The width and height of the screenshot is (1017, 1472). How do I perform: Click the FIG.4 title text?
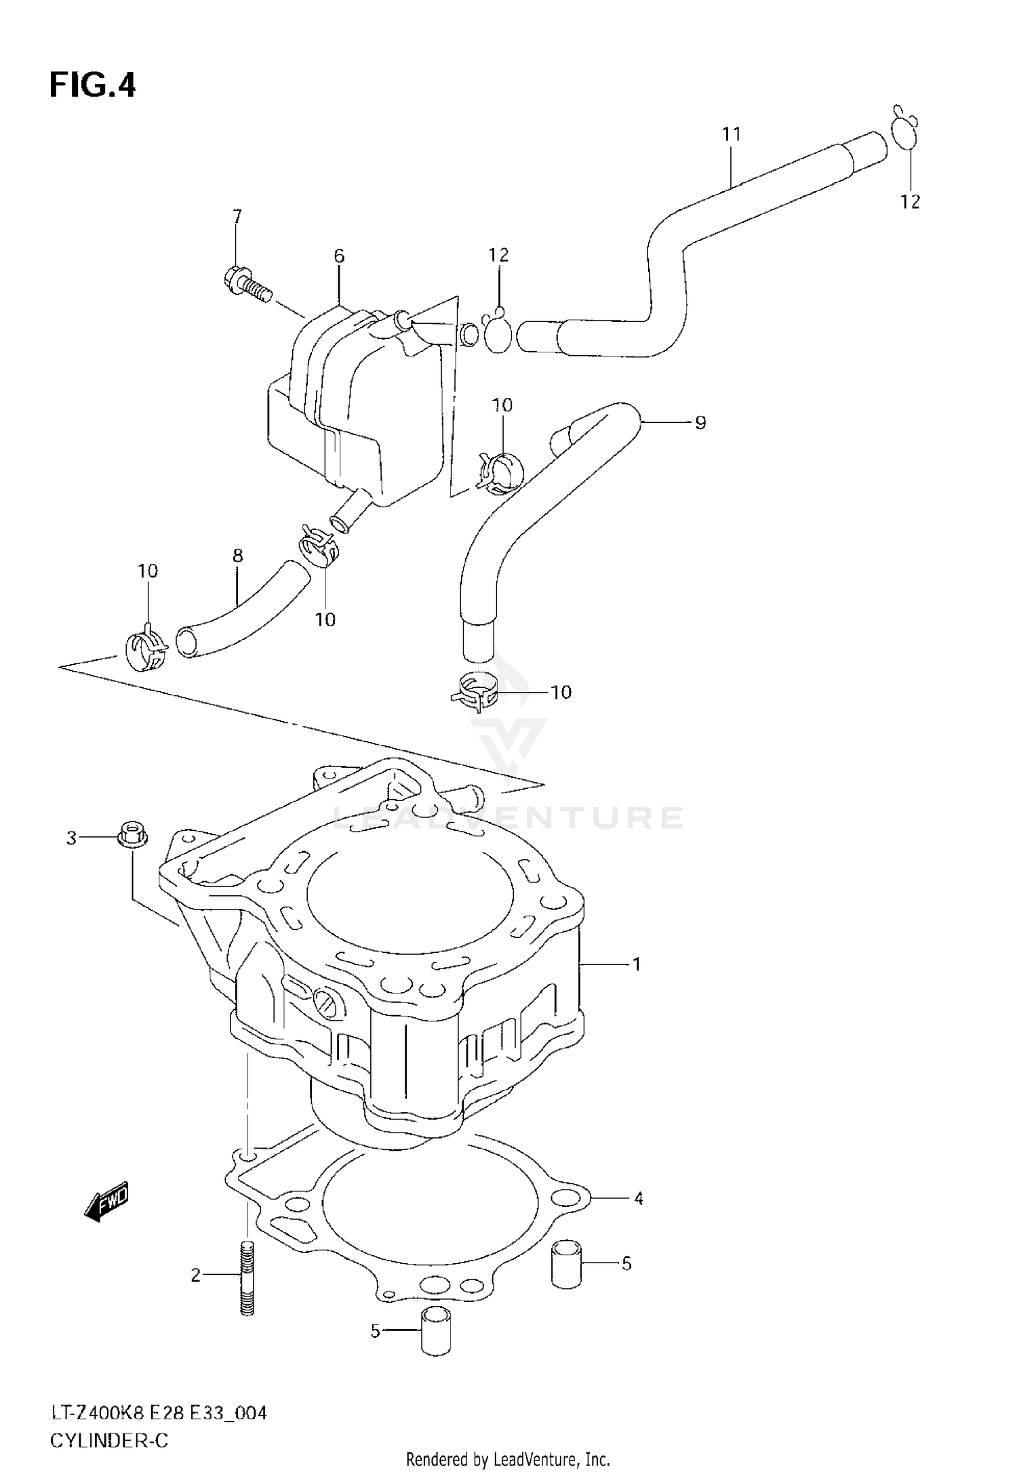tap(93, 86)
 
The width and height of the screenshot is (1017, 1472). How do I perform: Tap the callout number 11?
tap(732, 134)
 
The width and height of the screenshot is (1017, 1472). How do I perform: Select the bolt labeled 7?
tap(246, 285)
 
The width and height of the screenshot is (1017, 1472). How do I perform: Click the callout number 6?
tap(339, 256)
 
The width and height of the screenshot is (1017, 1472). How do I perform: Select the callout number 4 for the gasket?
tap(638, 1198)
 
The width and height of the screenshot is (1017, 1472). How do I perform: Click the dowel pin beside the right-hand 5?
tap(566, 1264)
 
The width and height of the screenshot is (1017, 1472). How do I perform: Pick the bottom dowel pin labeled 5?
tap(435, 1332)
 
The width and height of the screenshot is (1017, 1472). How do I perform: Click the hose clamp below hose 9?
tap(475, 691)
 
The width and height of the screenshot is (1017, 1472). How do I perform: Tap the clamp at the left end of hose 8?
tap(145, 651)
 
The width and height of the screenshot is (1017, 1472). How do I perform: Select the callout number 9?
tap(700, 423)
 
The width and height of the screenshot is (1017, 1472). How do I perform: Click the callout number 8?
tap(237, 556)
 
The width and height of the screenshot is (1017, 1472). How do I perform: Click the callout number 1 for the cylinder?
tap(637, 964)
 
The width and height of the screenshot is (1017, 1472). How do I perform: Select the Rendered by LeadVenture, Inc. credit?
tap(508, 1458)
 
